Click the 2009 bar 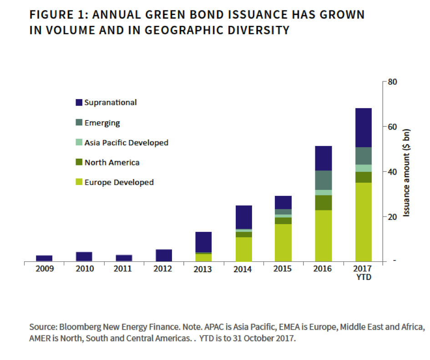click(44, 258)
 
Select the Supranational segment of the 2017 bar click(364, 128)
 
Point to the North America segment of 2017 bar click(364, 177)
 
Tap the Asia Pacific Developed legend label click(126, 143)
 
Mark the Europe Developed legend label click(119, 182)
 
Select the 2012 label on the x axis click(163, 269)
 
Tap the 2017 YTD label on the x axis click(364, 273)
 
